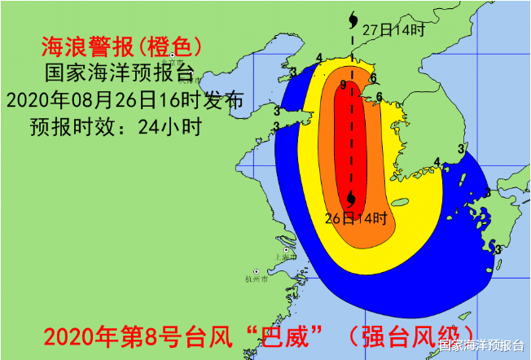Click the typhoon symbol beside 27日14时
click(x=353, y=17)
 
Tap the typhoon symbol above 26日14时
click(x=351, y=198)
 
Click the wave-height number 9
click(x=344, y=85)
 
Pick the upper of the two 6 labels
click(x=372, y=78)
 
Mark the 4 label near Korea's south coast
click(x=437, y=162)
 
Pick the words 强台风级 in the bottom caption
click(x=415, y=336)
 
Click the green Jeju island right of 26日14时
click(x=399, y=204)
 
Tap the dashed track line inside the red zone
click(x=353, y=138)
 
